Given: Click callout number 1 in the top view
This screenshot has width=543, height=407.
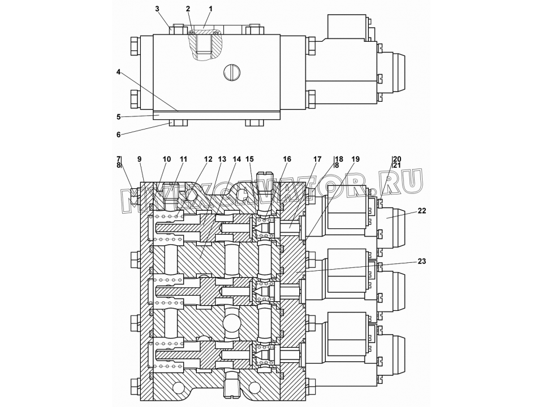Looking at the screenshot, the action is click(x=210, y=9).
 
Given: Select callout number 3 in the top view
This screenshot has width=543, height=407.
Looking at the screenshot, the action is click(x=157, y=9).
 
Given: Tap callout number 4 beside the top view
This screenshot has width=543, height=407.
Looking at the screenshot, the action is click(x=118, y=72).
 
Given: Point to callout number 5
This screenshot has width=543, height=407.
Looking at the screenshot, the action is click(x=118, y=117).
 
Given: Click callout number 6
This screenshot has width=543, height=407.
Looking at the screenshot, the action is click(x=118, y=135).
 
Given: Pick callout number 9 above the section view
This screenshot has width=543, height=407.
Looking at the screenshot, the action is click(x=139, y=159).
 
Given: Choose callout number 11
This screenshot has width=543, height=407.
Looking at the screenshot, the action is click(x=183, y=159).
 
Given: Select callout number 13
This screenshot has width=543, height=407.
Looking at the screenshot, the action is click(x=222, y=159).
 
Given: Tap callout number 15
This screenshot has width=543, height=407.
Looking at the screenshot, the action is click(x=249, y=159).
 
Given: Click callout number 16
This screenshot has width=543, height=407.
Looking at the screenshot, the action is click(x=287, y=159).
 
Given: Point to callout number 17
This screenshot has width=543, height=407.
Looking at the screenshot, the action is click(x=317, y=159).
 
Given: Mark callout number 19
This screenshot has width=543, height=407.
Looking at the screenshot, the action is click(x=356, y=159).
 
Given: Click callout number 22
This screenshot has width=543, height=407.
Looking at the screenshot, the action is click(x=421, y=211).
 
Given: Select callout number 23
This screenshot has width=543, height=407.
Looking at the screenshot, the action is click(x=421, y=261).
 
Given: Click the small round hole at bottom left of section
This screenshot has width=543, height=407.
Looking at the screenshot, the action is click(x=178, y=387).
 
